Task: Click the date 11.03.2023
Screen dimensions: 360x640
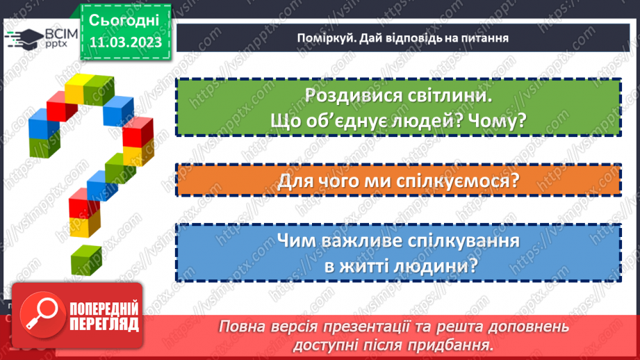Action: click(x=125, y=42)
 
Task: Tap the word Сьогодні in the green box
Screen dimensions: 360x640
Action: click(x=125, y=19)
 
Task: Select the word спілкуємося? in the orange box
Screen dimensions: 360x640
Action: click(x=462, y=182)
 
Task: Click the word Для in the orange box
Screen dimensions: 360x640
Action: click(x=293, y=182)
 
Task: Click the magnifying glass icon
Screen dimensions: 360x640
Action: click(x=35, y=314)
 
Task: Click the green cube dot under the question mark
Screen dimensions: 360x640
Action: click(x=84, y=259)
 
